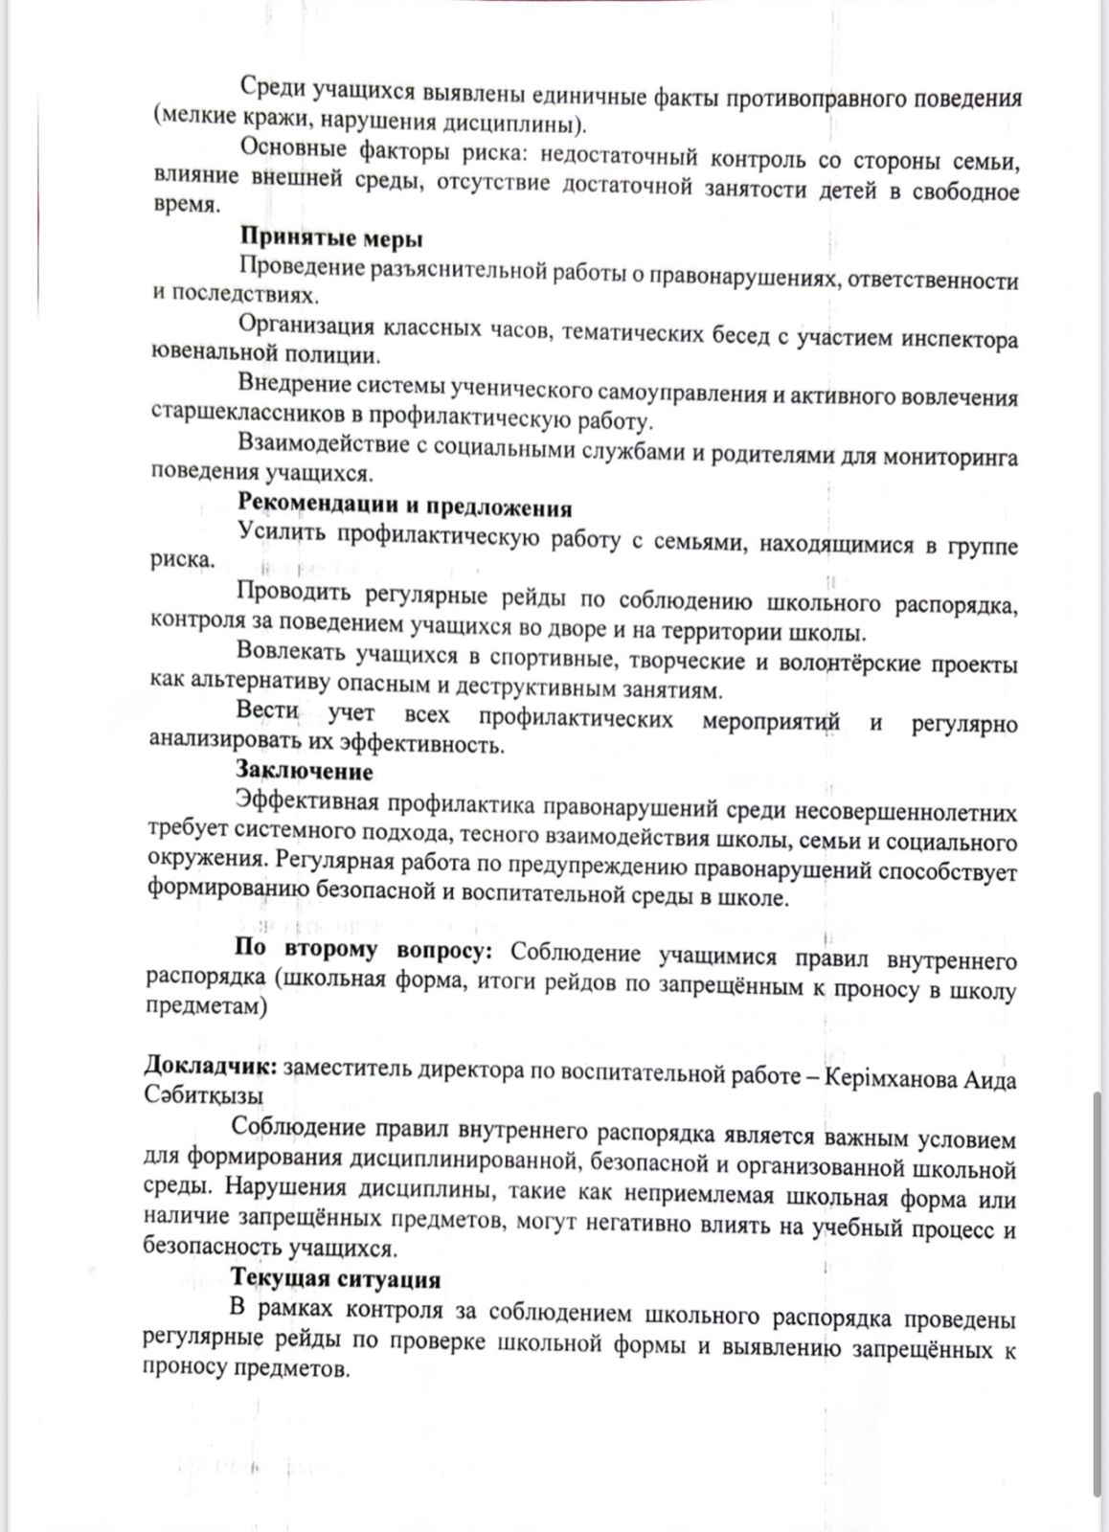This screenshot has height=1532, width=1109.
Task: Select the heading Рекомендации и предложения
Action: pyautogui.click(x=404, y=507)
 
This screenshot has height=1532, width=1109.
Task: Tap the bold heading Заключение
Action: pyautogui.click(x=305, y=770)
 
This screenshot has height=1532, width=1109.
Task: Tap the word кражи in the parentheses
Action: pyautogui.click(x=258, y=123)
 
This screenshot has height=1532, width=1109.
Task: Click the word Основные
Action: pyautogui.click(x=296, y=148)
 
